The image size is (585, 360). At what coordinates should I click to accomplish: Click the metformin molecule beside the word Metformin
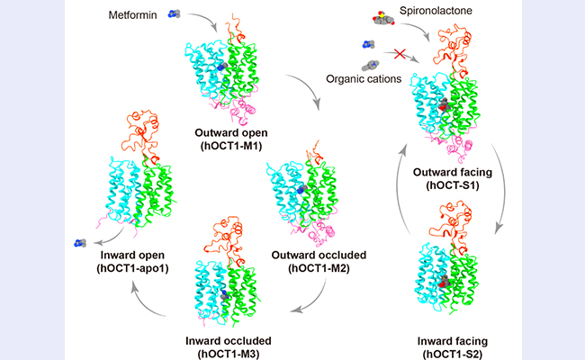coord(175,14)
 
